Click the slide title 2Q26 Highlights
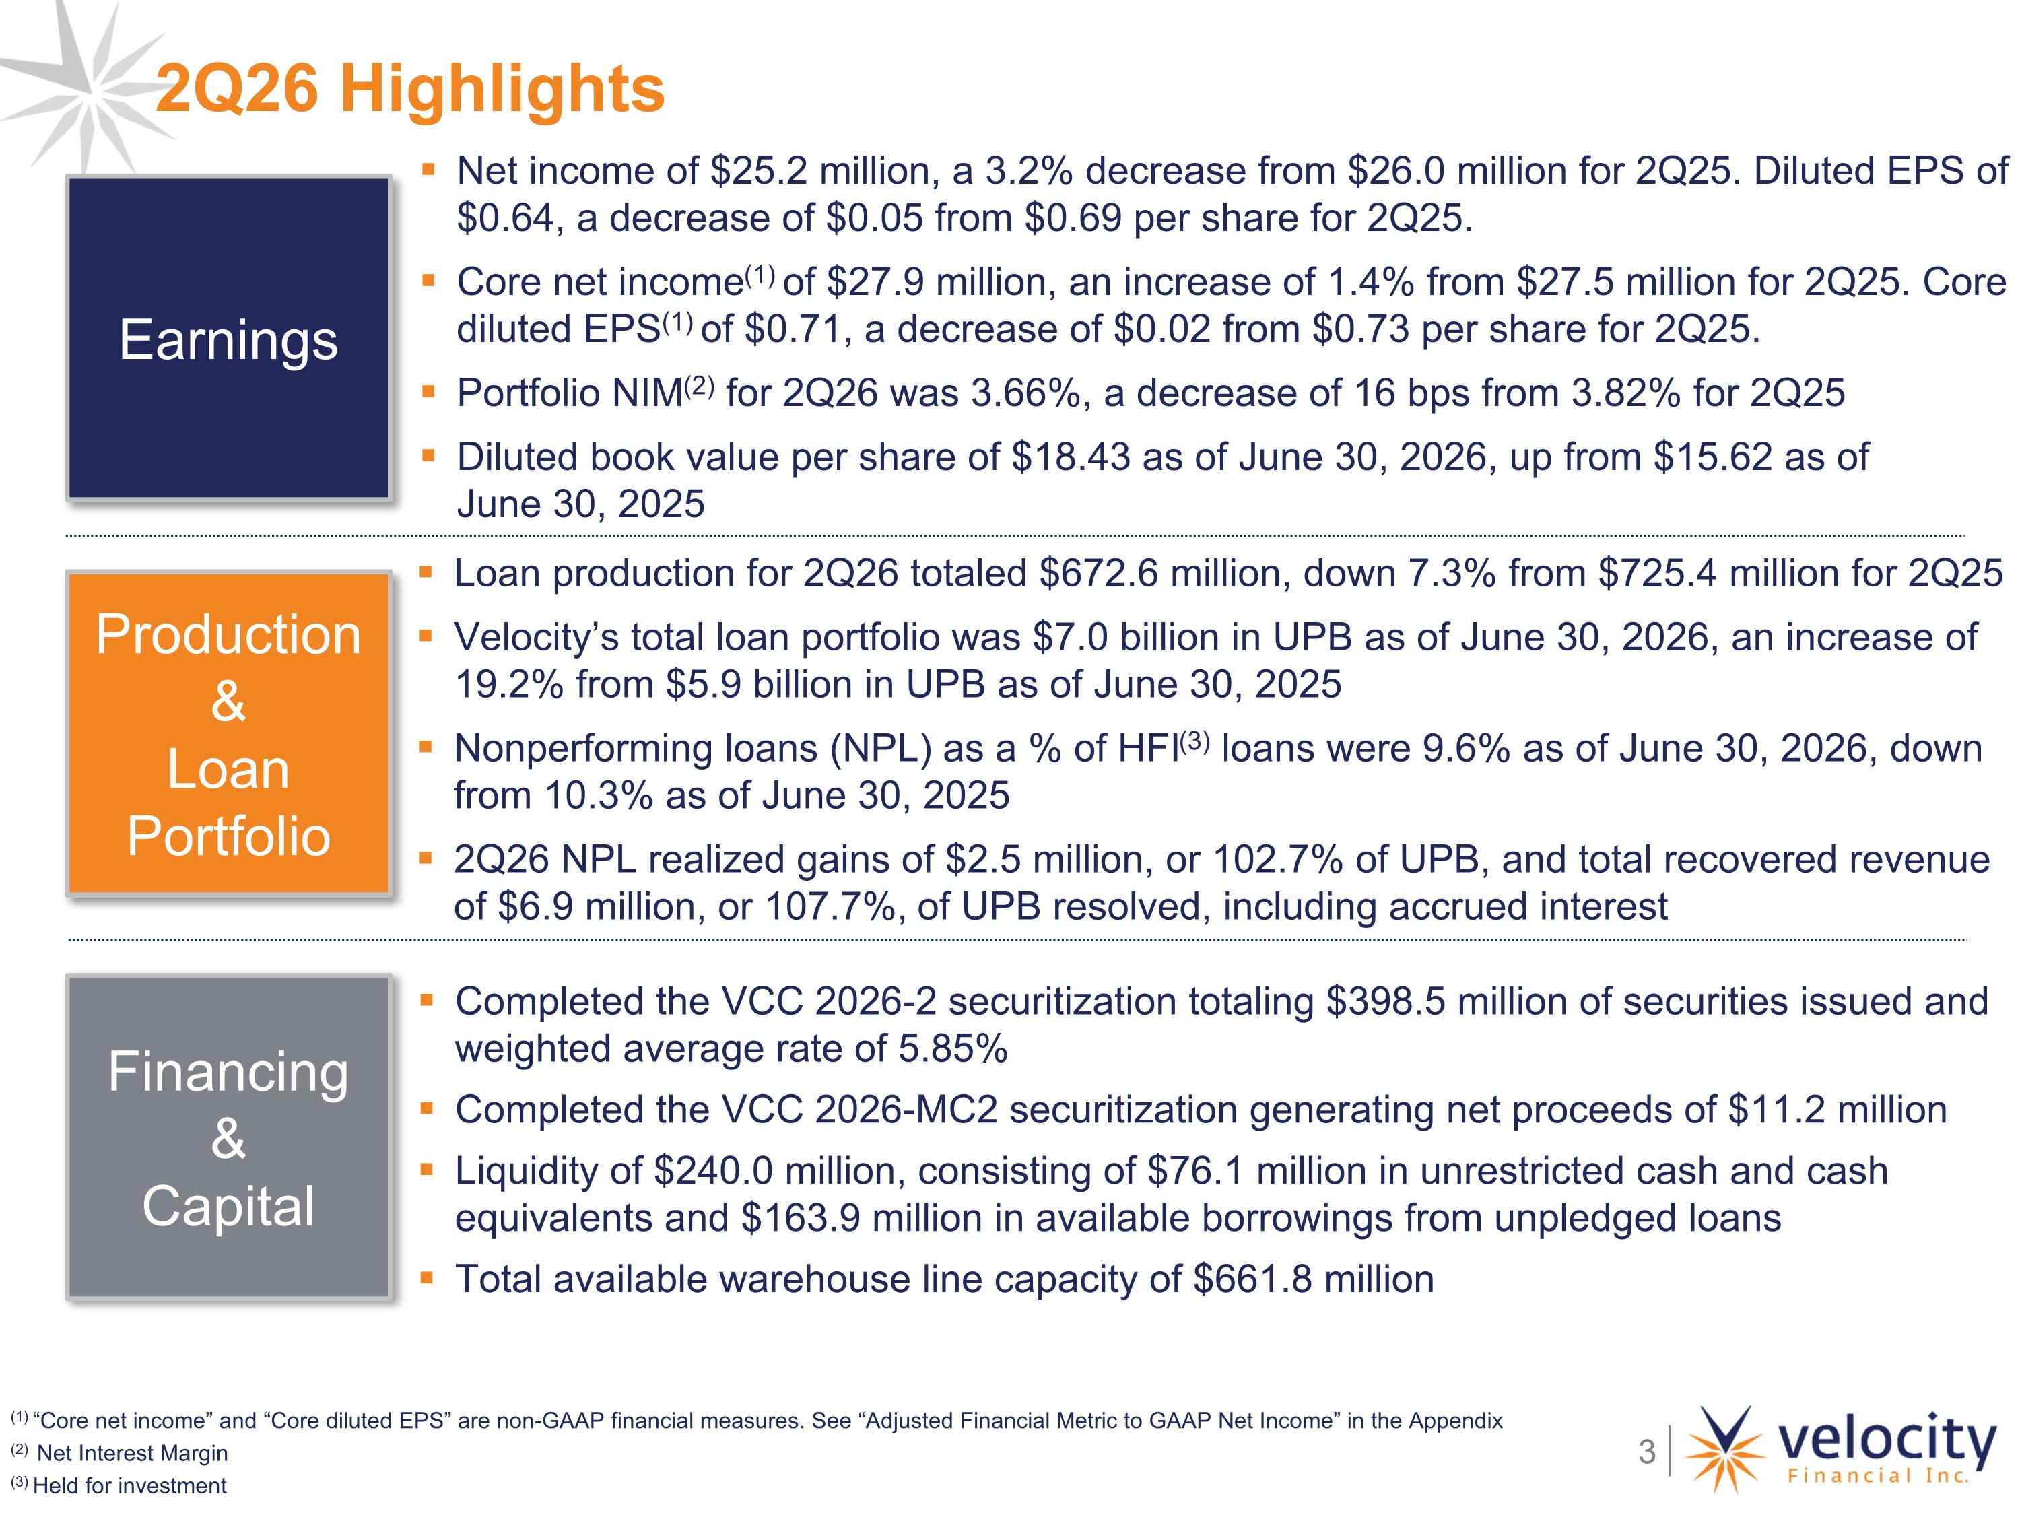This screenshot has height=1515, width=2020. (410, 90)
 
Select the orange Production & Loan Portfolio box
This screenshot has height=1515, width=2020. (228, 733)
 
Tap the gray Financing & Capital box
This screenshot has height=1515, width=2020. (228, 1137)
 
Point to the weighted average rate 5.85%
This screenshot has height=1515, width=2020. (953, 1049)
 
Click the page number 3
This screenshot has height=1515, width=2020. (1646, 1451)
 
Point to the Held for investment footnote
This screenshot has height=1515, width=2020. (129, 1486)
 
